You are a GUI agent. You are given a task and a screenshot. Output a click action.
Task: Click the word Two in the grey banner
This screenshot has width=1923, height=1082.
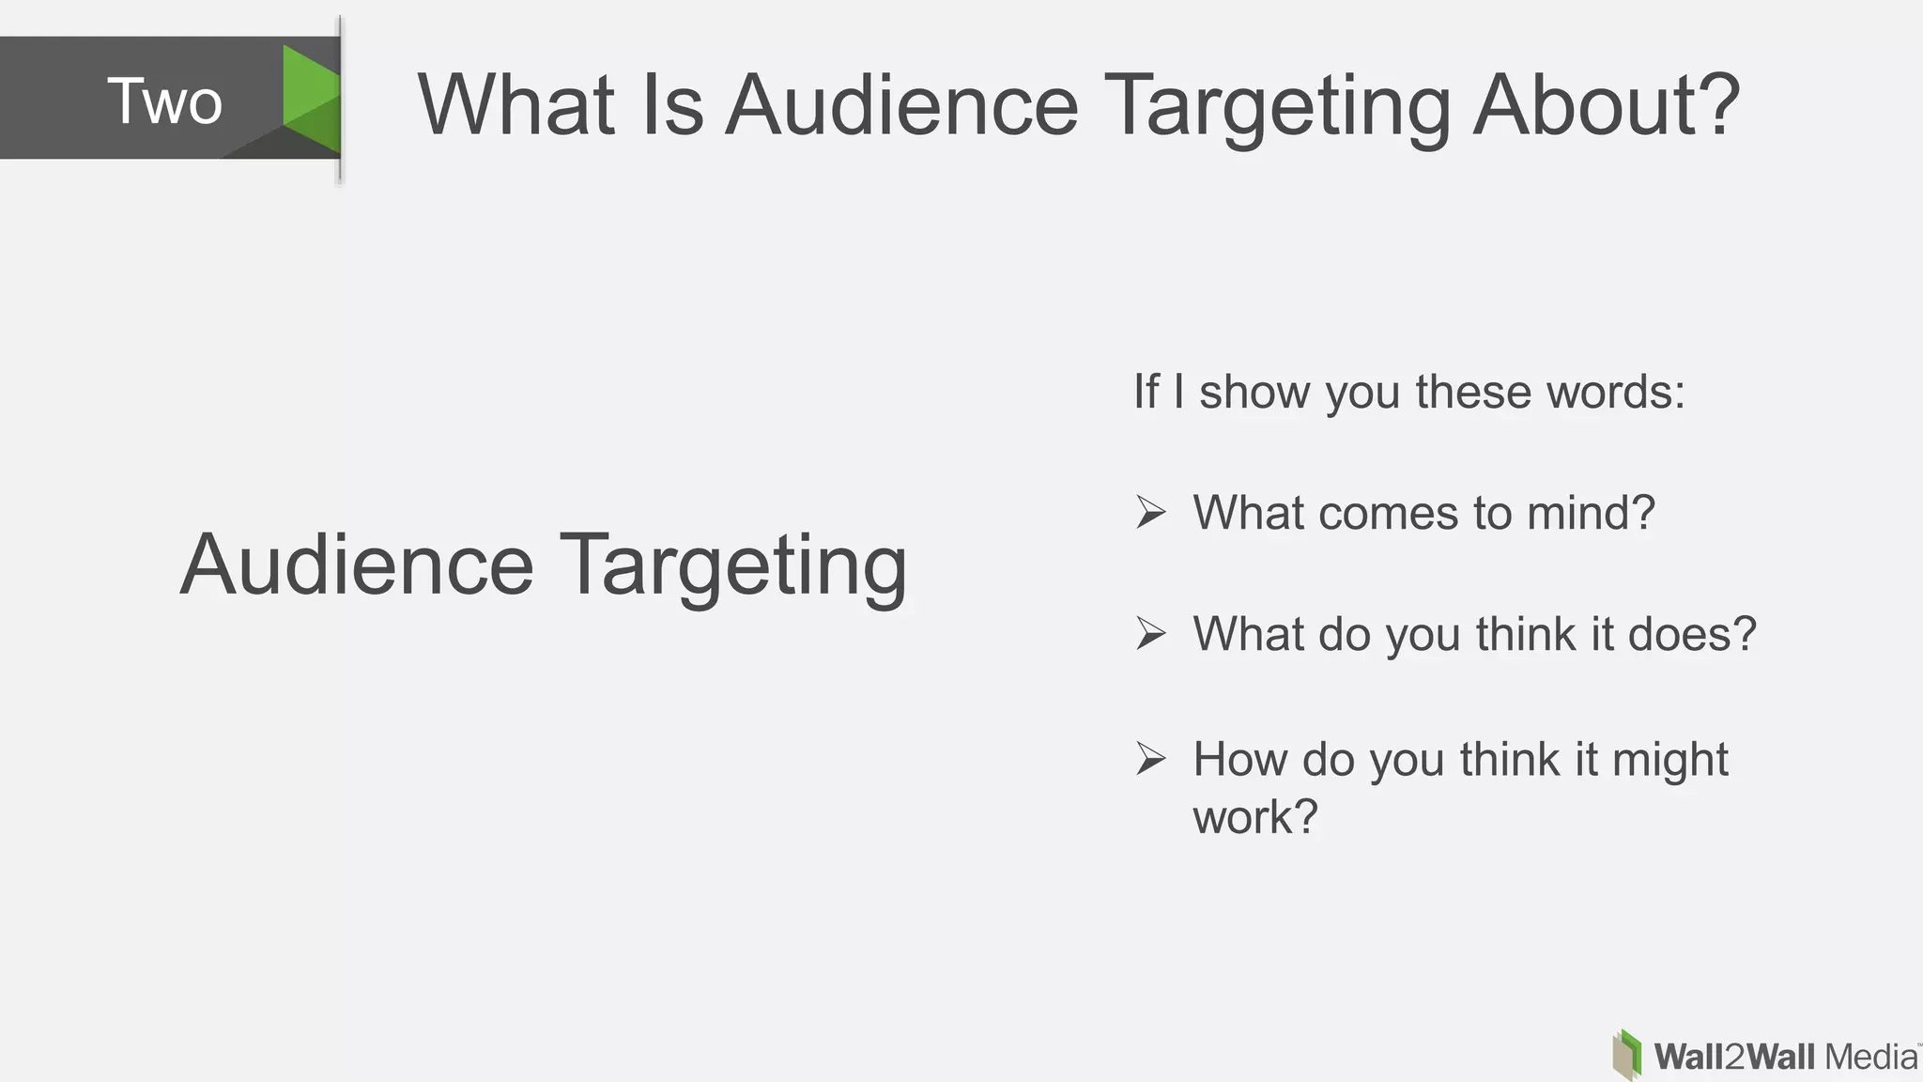pos(164,100)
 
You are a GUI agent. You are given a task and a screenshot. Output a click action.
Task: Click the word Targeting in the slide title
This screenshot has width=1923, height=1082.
pos(1277,106)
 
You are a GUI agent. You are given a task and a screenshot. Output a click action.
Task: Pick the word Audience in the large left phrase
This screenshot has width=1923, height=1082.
pos(357,564)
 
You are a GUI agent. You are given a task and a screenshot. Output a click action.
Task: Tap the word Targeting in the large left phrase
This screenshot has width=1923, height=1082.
pos(733,566)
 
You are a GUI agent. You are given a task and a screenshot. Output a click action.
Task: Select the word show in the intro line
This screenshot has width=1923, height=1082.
pos(1254,392)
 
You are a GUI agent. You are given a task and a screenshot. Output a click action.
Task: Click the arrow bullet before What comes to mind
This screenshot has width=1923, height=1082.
pos(1151,512)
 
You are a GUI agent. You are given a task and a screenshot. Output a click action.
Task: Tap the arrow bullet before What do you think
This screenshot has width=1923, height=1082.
pos(1151,633)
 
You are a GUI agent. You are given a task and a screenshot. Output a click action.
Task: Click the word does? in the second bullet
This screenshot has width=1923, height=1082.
pos(1691,634)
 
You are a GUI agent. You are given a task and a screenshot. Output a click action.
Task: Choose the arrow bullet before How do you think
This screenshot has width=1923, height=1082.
pos(1151,758)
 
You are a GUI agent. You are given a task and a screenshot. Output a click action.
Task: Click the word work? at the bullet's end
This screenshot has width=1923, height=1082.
pos(1255,816)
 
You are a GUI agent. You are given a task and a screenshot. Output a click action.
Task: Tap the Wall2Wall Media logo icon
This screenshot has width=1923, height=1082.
pos(1627,1055)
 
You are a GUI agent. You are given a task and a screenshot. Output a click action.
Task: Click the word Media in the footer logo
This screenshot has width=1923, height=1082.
pos(1870,1057)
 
